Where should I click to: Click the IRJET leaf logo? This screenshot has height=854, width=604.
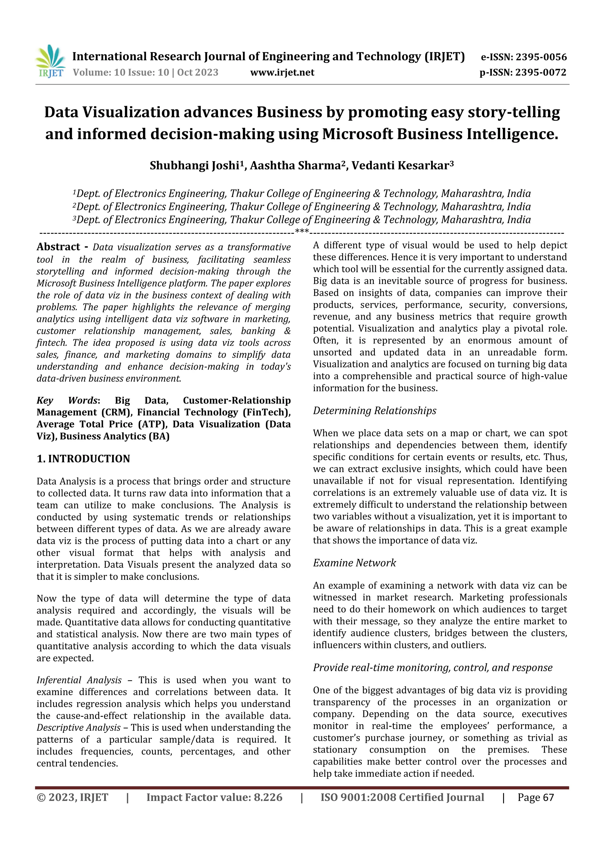(x=50, y=61)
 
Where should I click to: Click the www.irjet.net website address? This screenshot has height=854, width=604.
(x=282, y=73)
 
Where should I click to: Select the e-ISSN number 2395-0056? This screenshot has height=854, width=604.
(x=541, y=57)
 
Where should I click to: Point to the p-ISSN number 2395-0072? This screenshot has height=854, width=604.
(x=541, y=73)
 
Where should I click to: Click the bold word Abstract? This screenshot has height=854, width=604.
(x=58, y=247)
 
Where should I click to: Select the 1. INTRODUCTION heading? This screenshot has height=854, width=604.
(x=83, y=459)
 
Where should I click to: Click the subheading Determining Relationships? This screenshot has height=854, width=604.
(x=374, y=411)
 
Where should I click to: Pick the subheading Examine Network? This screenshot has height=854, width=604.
(x=354, y=563)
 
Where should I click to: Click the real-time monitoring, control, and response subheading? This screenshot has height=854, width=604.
(x=432, y=667)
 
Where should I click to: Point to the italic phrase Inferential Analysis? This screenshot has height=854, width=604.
(x=79, y=680)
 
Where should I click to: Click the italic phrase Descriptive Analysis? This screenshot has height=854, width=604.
(x=78, y=728)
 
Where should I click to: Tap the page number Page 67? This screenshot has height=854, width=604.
(x=536, y=797)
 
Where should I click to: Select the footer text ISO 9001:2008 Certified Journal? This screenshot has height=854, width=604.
(x=402, y=797)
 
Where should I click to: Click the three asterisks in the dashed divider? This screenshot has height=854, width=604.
(x=301, y=231)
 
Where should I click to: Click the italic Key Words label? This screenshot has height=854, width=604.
(x=67, y=401)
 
